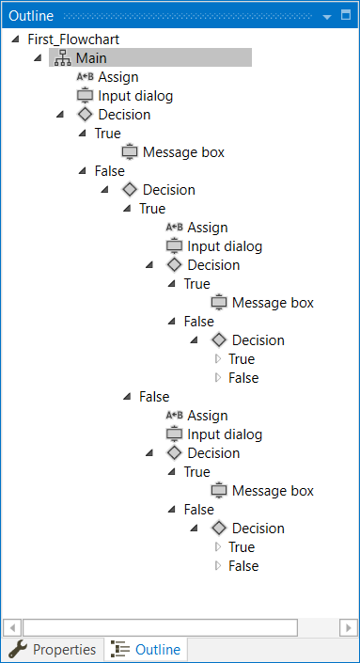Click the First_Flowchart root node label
(73, 39)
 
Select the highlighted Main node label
(91, 58)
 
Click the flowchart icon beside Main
(63, 58)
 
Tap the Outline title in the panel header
(31, 16)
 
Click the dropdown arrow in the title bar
(327, 16)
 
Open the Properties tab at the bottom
(64, 650)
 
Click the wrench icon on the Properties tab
(18, 650)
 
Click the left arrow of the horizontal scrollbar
(11, 626)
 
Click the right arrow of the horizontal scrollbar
(348, 626)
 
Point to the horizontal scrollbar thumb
(160, 626)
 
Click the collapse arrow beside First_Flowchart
(16, 39)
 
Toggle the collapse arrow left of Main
(38, 58)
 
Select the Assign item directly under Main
(118, 77)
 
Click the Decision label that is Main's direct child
(124, 115)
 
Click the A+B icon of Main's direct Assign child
(85, 77)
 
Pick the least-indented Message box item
(183, 152)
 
